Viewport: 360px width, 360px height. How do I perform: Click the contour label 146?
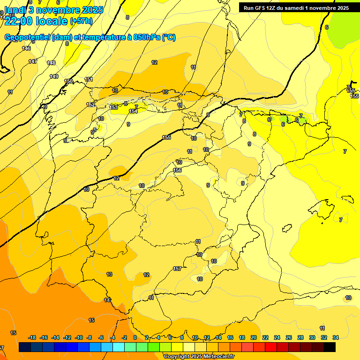26,48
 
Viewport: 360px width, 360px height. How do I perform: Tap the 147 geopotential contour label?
33,61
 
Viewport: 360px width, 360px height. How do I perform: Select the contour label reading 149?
54,76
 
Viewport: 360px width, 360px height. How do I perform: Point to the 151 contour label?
89,79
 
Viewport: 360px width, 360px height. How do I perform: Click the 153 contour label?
113,107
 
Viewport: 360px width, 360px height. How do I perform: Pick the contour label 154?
133,111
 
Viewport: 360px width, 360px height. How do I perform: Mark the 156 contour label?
177,170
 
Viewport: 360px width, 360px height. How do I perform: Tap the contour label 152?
90,105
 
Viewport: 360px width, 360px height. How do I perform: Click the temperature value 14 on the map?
107,300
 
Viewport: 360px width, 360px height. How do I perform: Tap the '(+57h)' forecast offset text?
81,21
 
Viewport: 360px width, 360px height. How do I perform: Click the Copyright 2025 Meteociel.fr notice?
199,357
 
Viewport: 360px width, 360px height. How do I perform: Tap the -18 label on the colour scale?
32,337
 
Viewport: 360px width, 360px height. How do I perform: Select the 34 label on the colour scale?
336,337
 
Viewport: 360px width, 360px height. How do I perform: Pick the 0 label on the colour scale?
135,337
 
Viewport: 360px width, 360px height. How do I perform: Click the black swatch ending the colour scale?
330,347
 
